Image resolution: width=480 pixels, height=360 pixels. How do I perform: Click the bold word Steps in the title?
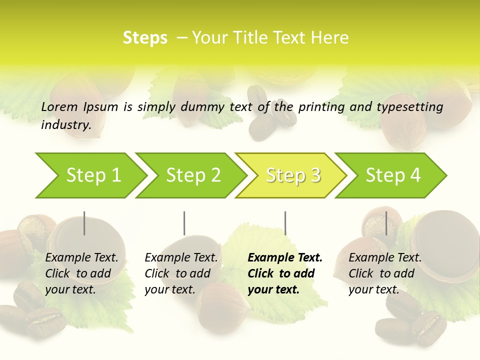point(145,38)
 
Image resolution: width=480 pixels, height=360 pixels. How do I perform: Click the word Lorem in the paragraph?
point(59,106)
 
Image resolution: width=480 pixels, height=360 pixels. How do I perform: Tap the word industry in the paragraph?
point(65,125)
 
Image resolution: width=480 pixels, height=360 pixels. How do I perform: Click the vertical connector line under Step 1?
point(84,223)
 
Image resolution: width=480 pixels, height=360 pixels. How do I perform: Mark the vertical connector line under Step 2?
point(184,223)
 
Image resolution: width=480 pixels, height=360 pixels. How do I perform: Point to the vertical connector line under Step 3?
point(285,223)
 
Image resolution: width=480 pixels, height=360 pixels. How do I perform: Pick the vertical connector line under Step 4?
point(386,223)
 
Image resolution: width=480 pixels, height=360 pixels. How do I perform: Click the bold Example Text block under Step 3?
point(285,273)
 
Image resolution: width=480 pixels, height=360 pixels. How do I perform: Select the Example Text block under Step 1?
point(81,273)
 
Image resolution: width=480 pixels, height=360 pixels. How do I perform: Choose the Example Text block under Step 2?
point(181,273)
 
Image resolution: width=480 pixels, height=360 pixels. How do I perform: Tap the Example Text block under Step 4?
point(385,273)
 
